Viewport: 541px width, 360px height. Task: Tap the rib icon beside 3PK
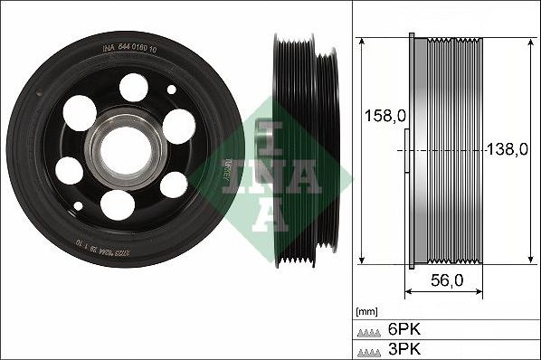tap(370, 347)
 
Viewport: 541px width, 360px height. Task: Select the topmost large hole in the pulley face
tap(132, 88)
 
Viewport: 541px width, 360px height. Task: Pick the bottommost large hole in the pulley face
tap(116, 205)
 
